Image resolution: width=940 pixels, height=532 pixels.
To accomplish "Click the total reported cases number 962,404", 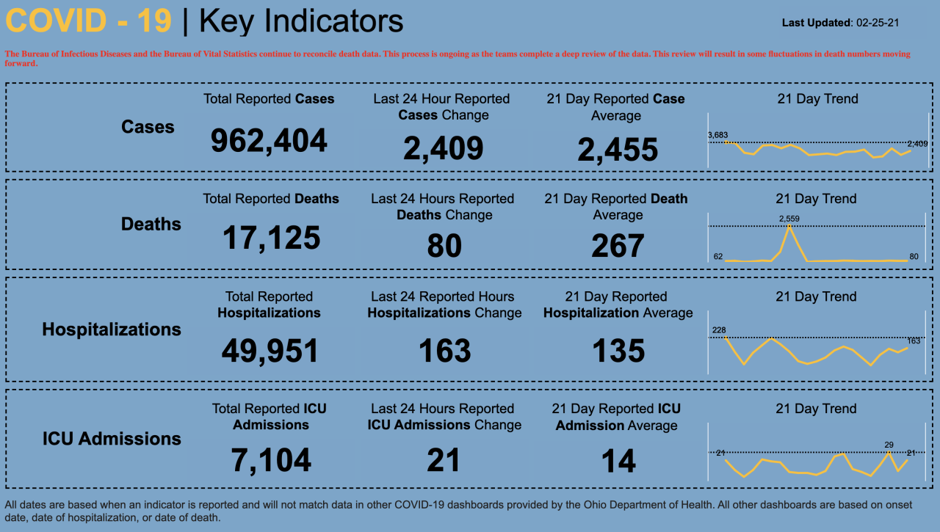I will pos(269,140).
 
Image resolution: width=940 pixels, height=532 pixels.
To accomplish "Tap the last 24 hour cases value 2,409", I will pos(443,148).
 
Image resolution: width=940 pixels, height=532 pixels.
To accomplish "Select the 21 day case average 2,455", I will pos(617,150).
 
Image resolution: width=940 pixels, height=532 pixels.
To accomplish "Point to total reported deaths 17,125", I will pos(271,238).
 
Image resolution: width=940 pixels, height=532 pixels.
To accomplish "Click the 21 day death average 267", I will pos(618,247).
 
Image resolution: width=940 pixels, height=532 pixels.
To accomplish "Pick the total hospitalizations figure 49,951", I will pos(270,351).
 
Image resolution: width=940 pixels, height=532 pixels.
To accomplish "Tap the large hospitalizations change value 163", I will pos(444,351).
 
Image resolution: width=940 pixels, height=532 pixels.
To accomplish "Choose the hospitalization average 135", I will pos(618,351).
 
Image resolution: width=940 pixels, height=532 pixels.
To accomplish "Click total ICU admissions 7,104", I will pos(271,461).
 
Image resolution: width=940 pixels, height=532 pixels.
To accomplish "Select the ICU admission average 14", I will pos(618,462).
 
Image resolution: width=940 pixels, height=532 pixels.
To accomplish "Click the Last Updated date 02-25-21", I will pos(878,23).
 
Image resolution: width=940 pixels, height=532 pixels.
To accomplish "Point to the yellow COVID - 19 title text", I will pos(88,21).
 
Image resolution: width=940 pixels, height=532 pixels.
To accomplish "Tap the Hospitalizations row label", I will pos(112,329).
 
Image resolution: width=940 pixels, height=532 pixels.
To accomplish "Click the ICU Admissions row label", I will pos(112,439).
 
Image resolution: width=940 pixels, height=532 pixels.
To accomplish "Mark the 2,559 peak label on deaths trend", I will pos(789,219).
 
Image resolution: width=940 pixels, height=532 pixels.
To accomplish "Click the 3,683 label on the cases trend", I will pos(717,135).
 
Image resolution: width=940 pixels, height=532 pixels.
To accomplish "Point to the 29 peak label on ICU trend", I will pos(889,445).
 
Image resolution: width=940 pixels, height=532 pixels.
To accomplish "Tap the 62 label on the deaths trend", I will pos(718,256).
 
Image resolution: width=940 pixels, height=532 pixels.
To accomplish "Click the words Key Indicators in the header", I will pos(301,21).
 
